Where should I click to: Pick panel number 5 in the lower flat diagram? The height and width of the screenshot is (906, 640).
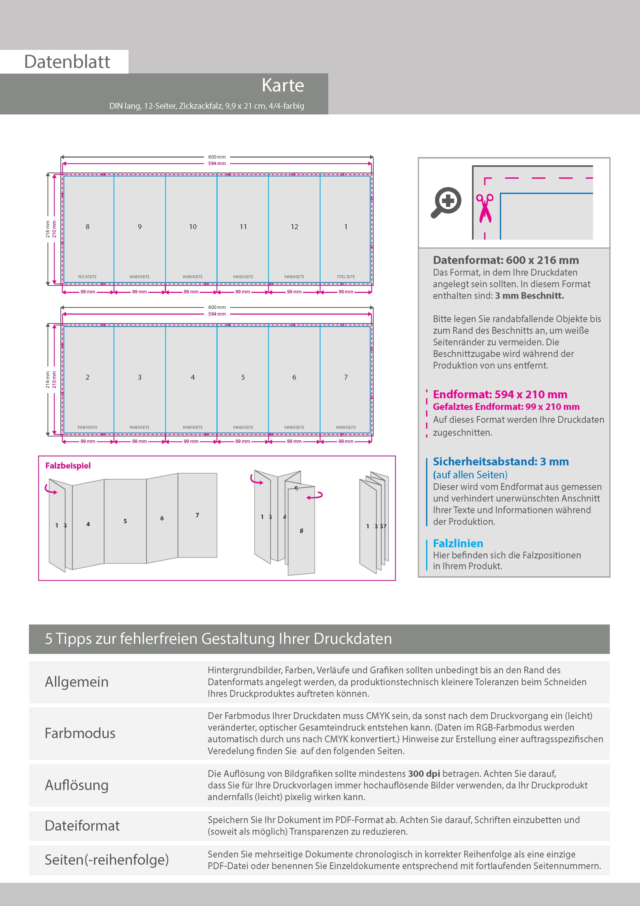[x=243, y=378]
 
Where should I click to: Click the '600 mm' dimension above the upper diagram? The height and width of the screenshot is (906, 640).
[x=217, y=157]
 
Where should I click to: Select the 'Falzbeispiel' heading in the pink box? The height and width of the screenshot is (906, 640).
[x=68, y=466]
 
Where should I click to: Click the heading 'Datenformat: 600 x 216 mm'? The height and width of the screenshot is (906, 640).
[x=506, y=260]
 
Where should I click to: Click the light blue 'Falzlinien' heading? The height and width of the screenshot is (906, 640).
[x=458, y=544]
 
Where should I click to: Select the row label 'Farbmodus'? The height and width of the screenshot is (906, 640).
[x=80, y=733]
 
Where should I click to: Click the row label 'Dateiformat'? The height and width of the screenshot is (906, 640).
[x=82, y=825]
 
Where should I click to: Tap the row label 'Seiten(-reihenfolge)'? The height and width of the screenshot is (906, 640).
[x=107, y=860]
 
